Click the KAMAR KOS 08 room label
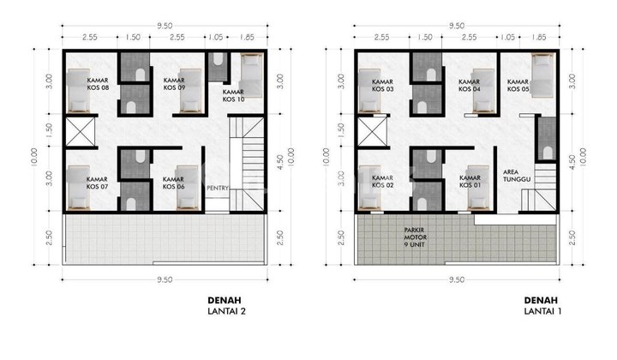[98, 84]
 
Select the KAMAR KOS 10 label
[233, 95]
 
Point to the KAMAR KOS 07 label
[98, 183]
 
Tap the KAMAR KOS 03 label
[383, 84]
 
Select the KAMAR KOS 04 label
[470, 84]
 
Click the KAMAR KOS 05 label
[518, 84]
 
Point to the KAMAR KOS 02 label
[383, 183]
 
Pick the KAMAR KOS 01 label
[470, 183]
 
